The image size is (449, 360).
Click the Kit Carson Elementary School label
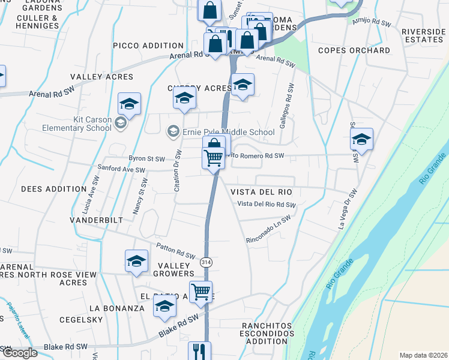pyautogui.click(x=77, y=124)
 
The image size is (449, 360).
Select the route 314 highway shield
pyautogui.click(x=206, y=263)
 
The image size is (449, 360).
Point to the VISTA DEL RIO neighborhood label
pyautogui.click(x=261, y=192)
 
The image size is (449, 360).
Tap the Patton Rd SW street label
pyautogui.click(x=176, y=250)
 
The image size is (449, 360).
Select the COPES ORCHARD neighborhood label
pyautogui.click(x=354, y=50)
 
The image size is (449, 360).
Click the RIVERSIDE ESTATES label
pyautogui.click(x=423, y=35)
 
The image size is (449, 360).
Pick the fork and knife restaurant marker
pyautogui.click(x=199, y=351)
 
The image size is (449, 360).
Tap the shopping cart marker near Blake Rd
pyautogui.click(x=201, y=292)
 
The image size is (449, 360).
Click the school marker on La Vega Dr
pyautogui.click(x=361, y=140)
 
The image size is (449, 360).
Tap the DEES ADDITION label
pyautogui.click(x=54, y=188)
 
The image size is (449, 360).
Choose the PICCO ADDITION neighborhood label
pyautogui.click(x=148, y=46)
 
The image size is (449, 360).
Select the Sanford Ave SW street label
pyautogui.click(x=122, y=170)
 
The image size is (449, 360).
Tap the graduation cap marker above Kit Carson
pyautogui.click(x=129, y=104)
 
